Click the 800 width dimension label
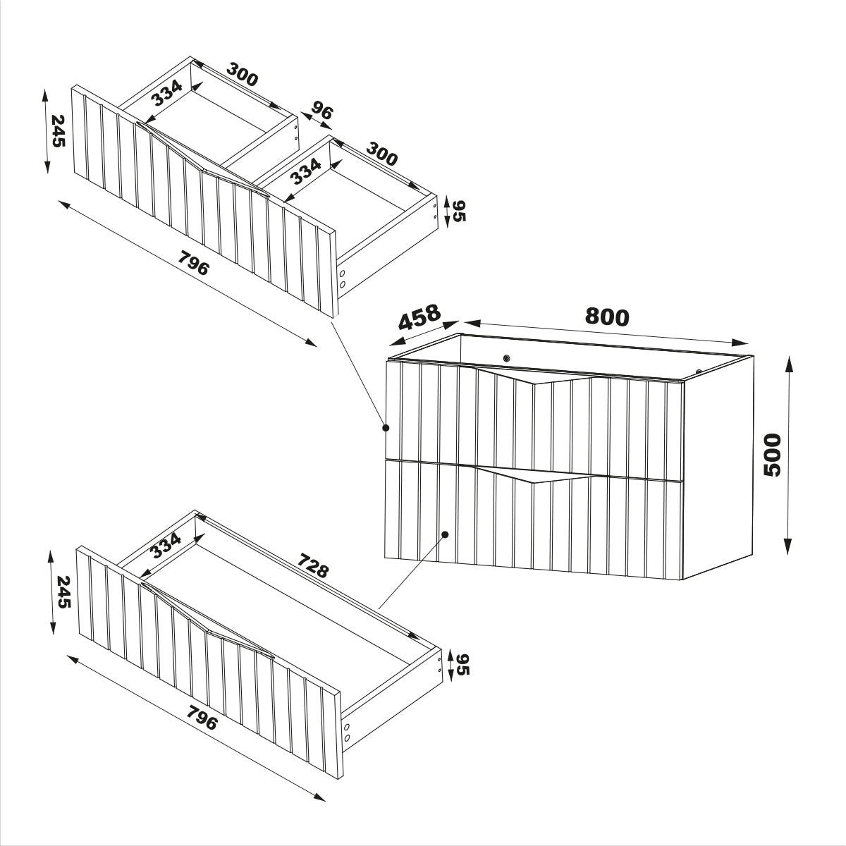[x=607, y=317]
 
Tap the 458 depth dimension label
[x=419, y=317]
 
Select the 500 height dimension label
[x=772, y=455]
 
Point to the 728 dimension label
[x=313, y=565]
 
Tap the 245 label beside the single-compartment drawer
[x=63, y=592]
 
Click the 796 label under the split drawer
[x=192, y=263]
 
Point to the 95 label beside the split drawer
[x=459, y=211]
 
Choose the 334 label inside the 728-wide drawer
[x=166, y=545]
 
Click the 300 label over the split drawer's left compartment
[x=242, y=74]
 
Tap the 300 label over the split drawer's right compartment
[x=381, y=154]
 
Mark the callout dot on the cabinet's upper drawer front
[x=386, y=428]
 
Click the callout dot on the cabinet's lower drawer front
[x=445, y=534]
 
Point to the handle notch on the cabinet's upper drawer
[x=534, y=376]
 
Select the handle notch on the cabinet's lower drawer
[x=534, y=474]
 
